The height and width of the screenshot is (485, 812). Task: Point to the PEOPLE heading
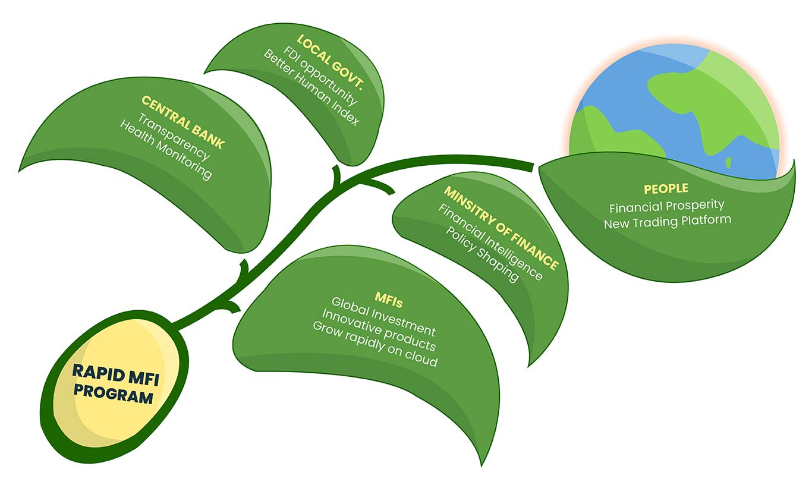666,188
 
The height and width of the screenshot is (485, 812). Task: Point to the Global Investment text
383,321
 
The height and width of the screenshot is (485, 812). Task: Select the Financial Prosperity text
667,206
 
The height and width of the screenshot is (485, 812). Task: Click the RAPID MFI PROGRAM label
113,383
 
